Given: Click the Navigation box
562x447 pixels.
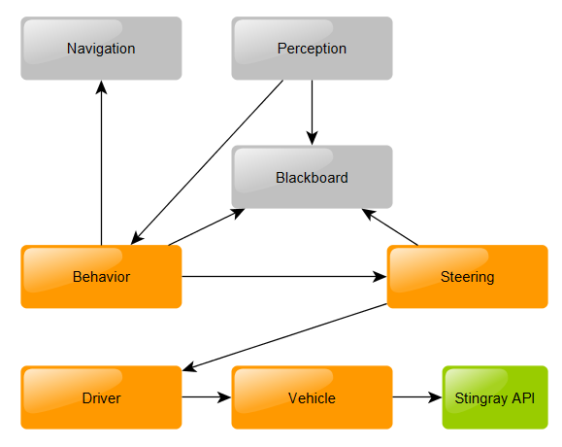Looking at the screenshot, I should (x=101, y=49).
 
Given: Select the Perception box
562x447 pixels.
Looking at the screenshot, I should (x=312, y=49).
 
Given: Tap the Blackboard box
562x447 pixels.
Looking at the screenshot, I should (x=312, y=177).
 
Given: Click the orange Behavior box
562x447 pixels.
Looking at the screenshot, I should (x=101, y=277).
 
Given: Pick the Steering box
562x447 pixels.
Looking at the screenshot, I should (x=467, y=277).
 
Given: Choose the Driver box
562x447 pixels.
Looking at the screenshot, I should (x=101, y=397).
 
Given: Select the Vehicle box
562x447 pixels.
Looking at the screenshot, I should (x=312, y=397).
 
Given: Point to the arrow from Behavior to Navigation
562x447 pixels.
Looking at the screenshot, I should (x=101, y=165).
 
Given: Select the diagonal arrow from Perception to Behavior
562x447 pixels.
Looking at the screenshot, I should (x=209, y=160).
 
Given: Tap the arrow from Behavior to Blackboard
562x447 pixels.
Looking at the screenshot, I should (x=206, y=226).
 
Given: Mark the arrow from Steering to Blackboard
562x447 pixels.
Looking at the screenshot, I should (x=390, y=226).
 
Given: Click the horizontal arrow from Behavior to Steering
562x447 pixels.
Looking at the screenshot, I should (x=281, y=277).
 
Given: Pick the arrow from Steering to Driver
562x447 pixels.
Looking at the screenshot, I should (x=286, y=337).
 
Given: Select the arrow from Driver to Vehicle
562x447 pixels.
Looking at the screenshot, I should (x=206, y=397).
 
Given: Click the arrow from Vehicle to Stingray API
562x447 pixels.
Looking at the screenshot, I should (x=416, y=397).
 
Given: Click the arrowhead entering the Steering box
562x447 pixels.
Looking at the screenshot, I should (x=380, y=277).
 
